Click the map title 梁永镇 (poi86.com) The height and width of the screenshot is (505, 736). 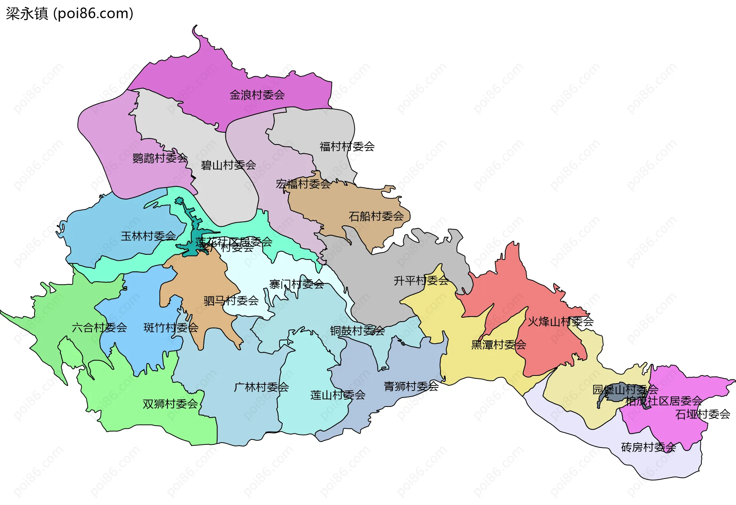[69, 13]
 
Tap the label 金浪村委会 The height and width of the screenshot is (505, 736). [257, 95]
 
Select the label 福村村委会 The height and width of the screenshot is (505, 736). [347, 146]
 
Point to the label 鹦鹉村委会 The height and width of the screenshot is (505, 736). [160, 158]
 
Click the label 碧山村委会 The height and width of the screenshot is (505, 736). [228, 165]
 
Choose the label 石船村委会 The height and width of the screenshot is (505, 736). [376, 216]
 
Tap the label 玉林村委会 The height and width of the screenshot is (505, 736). [148, 236]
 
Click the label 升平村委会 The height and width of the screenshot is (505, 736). [421, 280]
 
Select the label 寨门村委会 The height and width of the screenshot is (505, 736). [296, 284]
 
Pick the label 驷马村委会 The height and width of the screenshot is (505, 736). [231, 300]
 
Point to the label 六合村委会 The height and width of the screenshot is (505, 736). [99, 328]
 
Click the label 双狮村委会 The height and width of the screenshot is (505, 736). [170, 404]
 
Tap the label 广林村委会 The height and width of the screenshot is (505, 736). [261, 387]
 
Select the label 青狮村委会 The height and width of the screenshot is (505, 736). [411, 386]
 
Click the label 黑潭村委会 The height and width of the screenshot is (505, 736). [498, 345]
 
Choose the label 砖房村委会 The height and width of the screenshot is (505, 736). [648, 447]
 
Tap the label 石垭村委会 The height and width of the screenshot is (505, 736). [702, 414]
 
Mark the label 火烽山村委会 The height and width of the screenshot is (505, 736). [560, 321]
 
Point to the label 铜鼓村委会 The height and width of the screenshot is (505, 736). [357, 331]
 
